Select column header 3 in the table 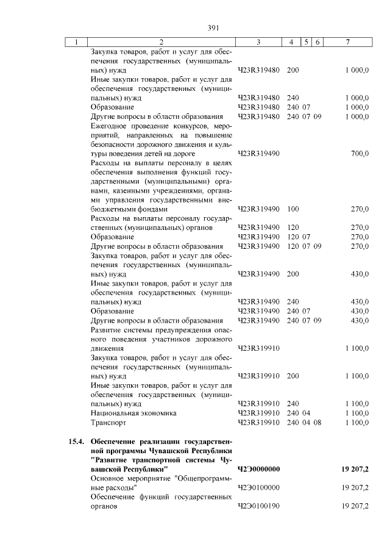coord(258,42)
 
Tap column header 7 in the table coord(347,42)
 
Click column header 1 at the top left coord(76,42)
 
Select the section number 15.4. coord(76,441)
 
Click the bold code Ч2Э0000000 coord(258,469)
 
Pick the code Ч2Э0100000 coord(258,488)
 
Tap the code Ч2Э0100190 coord(258,506)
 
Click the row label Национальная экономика coord(133,413)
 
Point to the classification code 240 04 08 coord(303,422)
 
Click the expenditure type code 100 coord(292,209)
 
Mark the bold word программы coord(123,450)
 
